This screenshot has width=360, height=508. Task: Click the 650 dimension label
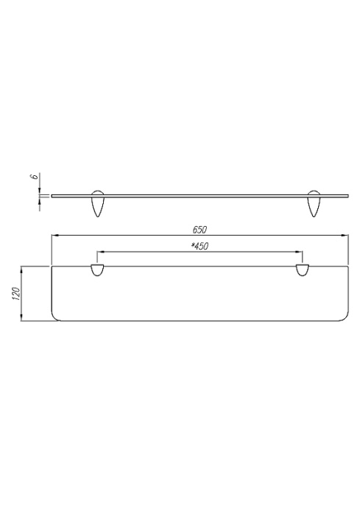click(200, 230)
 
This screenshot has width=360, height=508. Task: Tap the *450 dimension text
click(200, 246)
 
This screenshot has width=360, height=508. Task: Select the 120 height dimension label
click(16, 294)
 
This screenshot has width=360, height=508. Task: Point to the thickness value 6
click(34, 177)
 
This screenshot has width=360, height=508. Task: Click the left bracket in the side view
click(97, 203)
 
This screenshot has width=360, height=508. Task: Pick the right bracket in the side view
click(314, 203)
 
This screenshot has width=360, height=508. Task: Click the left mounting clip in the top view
click(97, 270)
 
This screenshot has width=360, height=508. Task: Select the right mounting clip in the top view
click(303, 270)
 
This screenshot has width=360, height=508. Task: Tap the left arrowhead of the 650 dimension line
click(54, 236)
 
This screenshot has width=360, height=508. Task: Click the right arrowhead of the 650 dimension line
click(345, 236)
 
